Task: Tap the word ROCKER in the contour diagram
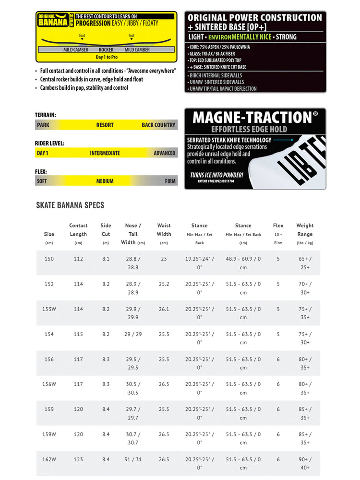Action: point(106,49)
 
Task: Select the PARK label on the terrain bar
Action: point(43,125)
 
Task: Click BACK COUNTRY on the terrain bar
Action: point(158,125)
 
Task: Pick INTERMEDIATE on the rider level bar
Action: point(105,153)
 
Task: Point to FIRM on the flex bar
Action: point(170,181)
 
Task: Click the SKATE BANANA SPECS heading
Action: point(70,205)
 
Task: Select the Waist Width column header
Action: point(164,229)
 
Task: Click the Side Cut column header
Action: point(106,229)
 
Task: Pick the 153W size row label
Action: point(49,309)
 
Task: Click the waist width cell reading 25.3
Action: point(164,334)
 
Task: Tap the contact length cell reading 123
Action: point(78,459)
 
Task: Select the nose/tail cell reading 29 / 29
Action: point(133,334)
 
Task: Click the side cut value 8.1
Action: point(106,259)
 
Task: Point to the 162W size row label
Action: point(49,459)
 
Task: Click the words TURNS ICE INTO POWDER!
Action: point(216,175)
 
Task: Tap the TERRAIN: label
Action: point(46,115)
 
